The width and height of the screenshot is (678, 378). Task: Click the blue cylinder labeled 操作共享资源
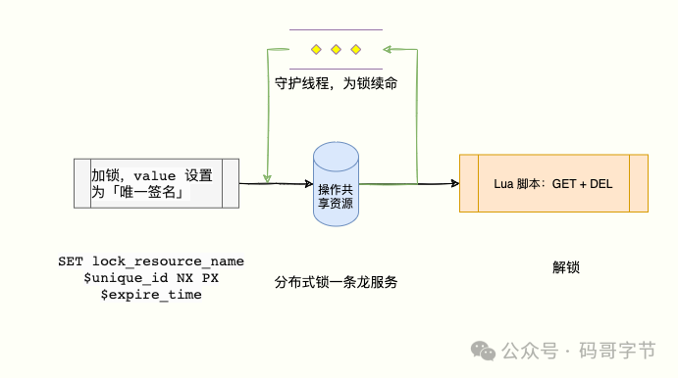[x=336, y=184]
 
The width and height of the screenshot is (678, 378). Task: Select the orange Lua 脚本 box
[x=553, y=183]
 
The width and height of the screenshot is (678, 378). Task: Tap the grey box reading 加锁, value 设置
[x=156, y=183]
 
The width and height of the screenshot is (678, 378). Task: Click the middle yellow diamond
[x=336, y=50]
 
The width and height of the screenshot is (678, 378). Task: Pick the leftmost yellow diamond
[x=316, y=50]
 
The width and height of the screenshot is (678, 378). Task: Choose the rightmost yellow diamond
[x=355, y=50]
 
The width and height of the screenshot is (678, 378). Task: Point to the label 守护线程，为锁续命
[x=336, y=83]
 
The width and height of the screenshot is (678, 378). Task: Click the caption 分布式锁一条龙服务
[x=336, y=282]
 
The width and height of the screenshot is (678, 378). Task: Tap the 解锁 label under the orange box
[x=565, y=267]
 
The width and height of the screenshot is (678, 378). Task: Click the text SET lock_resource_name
[x=151, y=261]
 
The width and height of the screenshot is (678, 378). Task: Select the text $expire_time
[x=151, y=295]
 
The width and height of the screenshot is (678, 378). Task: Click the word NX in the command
[x=184, y=278]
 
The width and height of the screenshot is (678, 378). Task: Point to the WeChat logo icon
[x=483, y=351]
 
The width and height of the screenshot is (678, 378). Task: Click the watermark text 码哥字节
[x=617, y=351]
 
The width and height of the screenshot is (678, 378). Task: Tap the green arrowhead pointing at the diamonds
[x=387, y=49]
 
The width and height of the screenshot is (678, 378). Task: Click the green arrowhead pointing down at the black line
[x=267, y=178]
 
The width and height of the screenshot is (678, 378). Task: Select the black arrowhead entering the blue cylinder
[x=309, y=184]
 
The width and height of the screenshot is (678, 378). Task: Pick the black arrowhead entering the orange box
[x=455, y=183]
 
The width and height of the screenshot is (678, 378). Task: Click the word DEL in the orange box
[x=601, y=184]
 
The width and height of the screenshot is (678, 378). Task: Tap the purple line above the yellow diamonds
[x=336, y=29]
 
